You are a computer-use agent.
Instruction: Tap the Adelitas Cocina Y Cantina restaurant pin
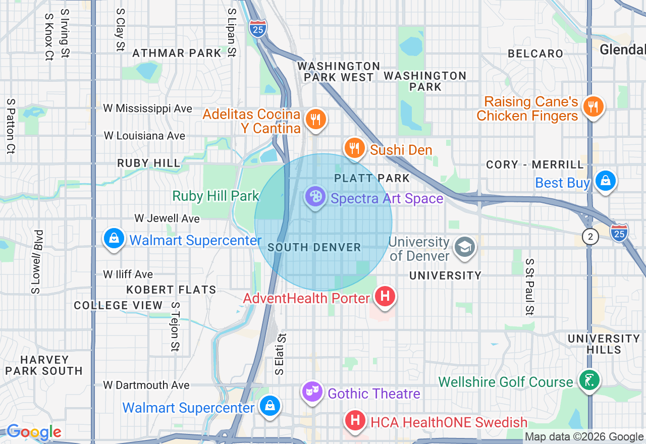tap(316, 120)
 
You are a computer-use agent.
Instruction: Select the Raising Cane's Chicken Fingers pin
tap(593, 107)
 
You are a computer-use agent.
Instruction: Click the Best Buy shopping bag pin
tap(605, 181)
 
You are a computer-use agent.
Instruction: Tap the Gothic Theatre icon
tap(312, 392)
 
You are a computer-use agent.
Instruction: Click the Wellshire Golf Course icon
tap(588, 380)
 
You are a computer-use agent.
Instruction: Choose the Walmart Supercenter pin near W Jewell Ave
tap(114, 238)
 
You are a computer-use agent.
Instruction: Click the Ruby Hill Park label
tap(216, 196)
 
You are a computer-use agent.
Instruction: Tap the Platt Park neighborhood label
tap(372, 178)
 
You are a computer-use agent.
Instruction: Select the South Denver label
tap(314, 247)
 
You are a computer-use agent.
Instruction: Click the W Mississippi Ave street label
tap(148, 108)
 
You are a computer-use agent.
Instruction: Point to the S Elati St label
tap(281, 354)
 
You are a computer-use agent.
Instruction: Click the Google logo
tap(34, 432)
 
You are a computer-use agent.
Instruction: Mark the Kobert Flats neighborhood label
tap(171, 290)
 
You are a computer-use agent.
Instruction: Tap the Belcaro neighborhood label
tap(535, 53)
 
